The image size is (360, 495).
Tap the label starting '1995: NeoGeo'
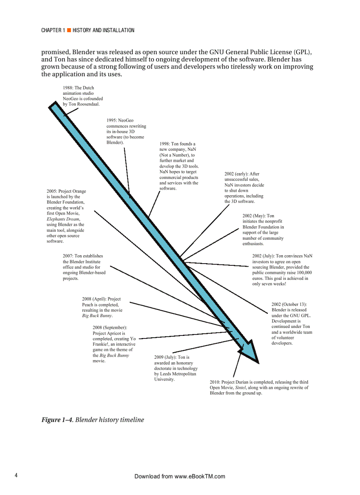point(120,120)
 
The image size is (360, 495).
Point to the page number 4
point(16,476)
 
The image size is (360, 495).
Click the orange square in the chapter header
point(69,30)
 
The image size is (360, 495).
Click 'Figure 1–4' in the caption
point(57,420)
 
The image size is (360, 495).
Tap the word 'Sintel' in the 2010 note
point(240,388)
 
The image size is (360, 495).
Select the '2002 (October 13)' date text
point(289,305)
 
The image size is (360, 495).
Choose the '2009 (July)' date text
point(165,357)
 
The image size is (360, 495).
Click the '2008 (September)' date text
point(110,328)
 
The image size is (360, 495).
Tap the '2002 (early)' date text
point(236,174)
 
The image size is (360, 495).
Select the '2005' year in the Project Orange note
point(52,191)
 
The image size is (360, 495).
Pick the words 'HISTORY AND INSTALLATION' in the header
point(103,30)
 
